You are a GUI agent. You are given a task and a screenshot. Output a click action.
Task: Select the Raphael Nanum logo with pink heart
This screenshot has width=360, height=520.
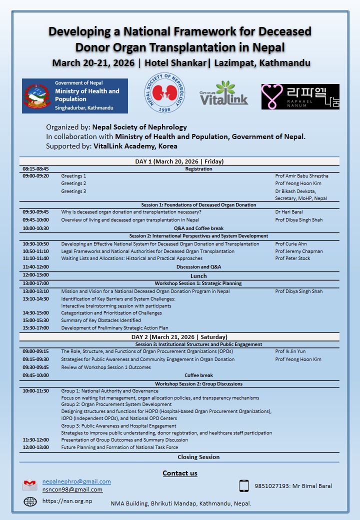click(300, 96)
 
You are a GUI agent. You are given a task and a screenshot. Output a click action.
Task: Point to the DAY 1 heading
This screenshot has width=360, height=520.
click(179, 161)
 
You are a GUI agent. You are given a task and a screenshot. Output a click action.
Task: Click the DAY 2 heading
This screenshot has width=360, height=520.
click(179, 337)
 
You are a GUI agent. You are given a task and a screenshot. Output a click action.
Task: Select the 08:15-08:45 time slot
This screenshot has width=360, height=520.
click(35, 169)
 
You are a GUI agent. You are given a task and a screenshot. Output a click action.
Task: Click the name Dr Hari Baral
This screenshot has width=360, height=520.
click(289, 212)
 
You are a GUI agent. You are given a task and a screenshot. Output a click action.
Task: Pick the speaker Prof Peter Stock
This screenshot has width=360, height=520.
click(292, 258)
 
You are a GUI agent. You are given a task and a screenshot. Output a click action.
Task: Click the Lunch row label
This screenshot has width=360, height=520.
click(198, 276)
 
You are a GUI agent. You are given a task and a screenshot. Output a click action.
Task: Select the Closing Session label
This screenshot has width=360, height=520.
click(198, 457)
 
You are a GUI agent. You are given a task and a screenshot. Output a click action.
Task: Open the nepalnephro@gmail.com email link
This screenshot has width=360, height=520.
click(76, 481)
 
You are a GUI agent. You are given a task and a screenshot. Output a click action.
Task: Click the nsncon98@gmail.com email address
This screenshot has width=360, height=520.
click(72, 489)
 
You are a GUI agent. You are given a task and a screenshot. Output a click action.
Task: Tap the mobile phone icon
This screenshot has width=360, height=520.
click(244, 485)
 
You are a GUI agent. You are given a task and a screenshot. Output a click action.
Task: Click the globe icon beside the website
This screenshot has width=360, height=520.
click(30, 501)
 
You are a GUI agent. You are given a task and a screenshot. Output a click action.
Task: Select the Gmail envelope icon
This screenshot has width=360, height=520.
click(30, 485)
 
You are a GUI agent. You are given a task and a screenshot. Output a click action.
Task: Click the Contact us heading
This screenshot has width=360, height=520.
click(180, 473)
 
